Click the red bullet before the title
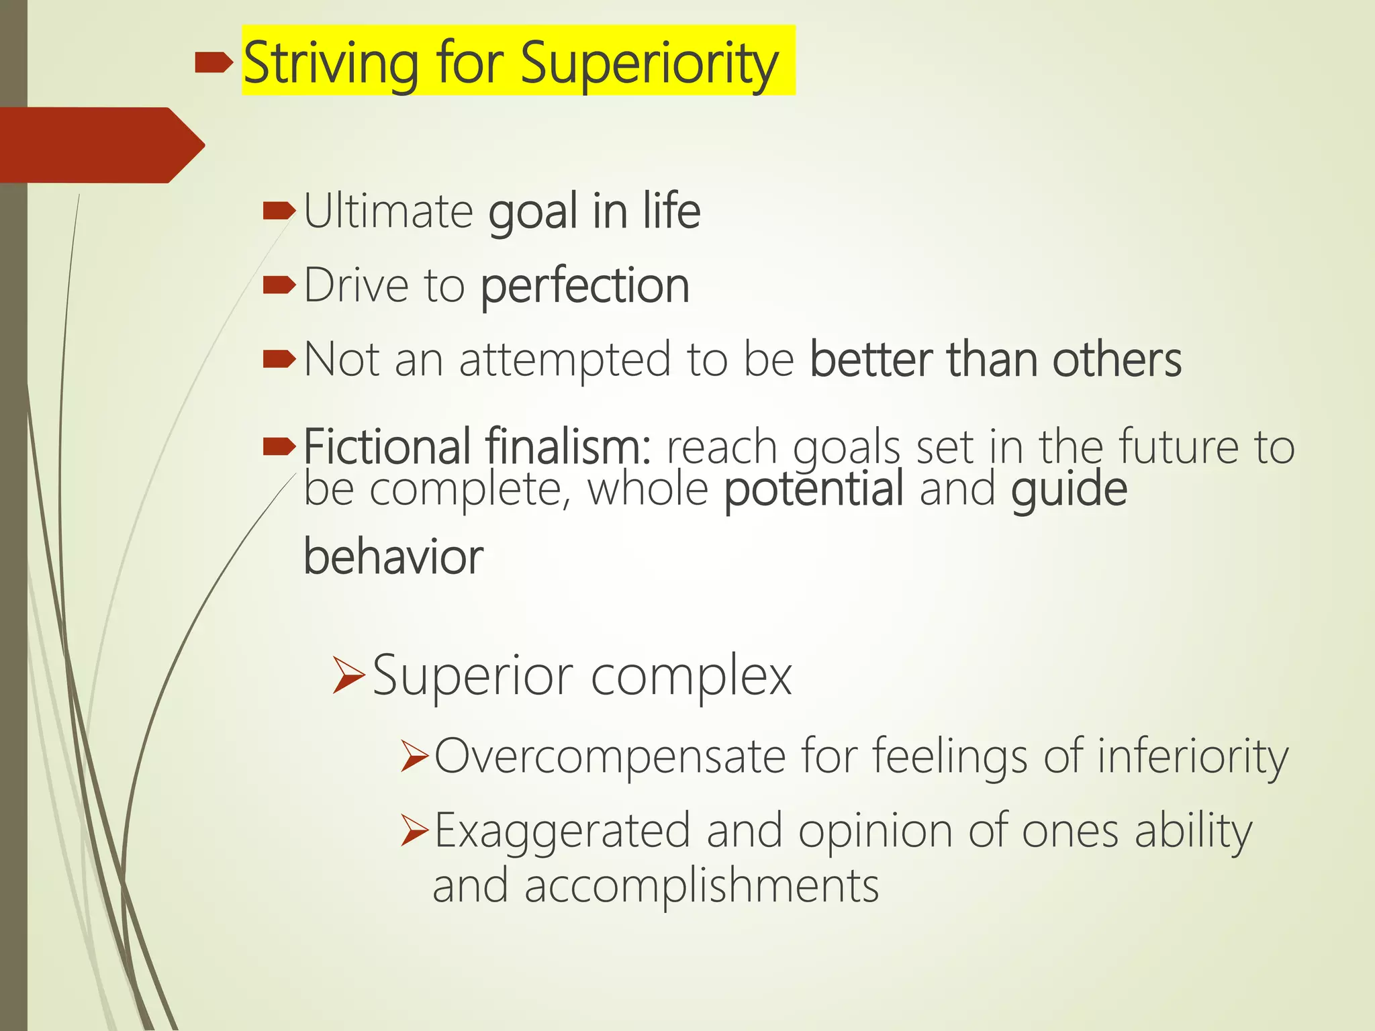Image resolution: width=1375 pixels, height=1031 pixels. click(214, 64)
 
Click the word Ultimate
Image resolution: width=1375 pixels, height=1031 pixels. click(389, 211)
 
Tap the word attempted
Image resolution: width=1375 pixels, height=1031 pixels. click(565, 359)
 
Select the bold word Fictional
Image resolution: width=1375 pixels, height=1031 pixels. click(387, 446)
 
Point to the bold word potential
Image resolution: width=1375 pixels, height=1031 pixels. click(814, 489)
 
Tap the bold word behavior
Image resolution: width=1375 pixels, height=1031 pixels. click(393, 556)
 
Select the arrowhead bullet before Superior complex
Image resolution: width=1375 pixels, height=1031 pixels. click(348, 677)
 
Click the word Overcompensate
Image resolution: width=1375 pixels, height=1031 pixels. click(610, 756)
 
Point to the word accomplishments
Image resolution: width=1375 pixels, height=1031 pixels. click(701, 886)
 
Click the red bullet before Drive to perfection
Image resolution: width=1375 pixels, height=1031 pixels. click(279, 286)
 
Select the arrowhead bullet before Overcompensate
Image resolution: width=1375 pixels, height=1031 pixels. click(414, 757)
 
